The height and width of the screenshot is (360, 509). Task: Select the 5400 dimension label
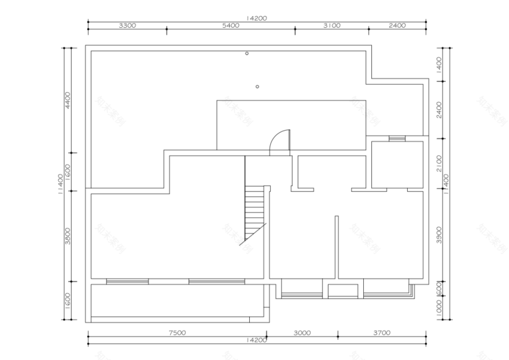click(230, 25)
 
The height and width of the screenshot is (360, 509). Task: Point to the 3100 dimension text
click(332, 25)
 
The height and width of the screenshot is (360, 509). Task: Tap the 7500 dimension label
click(177, 333)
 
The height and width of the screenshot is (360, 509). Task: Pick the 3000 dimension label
click(302, 333)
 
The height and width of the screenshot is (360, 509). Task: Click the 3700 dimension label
click(382, 333)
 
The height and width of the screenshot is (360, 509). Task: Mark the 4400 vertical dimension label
click(68, 100)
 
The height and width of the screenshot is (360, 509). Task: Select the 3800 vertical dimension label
click(68, 236)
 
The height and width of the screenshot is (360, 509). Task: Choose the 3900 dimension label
click(440, 235)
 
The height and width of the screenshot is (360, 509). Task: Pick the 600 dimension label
click(440, 288)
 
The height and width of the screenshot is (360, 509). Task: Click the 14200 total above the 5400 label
click(256, 18)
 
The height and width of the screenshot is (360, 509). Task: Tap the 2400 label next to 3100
click(397, 25)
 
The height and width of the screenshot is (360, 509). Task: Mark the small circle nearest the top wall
click(247, 53)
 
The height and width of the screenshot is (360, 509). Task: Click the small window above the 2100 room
click(397, 138)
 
